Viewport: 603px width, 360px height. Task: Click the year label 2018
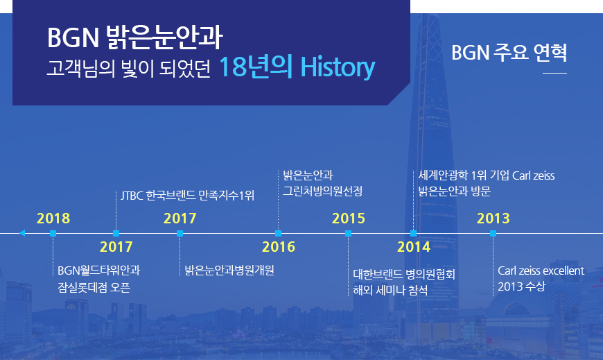pyautogui.click(x=53, y=218)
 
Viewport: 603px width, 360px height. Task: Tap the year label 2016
pyautogui.click(x=279, y=247)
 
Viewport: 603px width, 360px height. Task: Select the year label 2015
pyautogui.click(x=349, y=218)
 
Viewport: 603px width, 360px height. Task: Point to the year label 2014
pyautogui.click(x=414, y=247)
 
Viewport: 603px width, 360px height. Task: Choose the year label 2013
pyautogui.click(x=493, y=218)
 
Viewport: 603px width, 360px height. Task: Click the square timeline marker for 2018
pyautogui.click(x=53, y=233)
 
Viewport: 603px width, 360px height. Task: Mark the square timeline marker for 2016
pyautogui.click(x=279, y=233)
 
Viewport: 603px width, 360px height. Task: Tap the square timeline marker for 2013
pyautogui.click(x=493, y=233)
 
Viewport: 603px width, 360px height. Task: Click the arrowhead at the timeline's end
pyautogui.click(x=22, y=233)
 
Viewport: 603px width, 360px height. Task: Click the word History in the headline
pyautogui.click(x=338, y=67)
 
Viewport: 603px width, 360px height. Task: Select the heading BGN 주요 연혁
pyautogui.click(x=509, y=52)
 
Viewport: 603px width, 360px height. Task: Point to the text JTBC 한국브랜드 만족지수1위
pyautogui.click(x=187, y=196)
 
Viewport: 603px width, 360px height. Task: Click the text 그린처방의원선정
pyautogui.click(x=323, y=191)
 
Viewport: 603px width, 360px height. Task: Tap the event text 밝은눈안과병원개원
pyautogui.click(x=229, y=271)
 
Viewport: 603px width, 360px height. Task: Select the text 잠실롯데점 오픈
pyautogui.click(x=94, y=287)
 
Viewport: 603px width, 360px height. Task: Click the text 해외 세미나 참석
pyautogui.click(x=390, y=290)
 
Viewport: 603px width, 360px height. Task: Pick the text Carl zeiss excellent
pyautogui.click(x=541, y=271)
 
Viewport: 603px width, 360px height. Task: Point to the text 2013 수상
pyautogui.click(x=521, y=286)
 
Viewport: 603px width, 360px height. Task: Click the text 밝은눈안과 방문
pyautogui.click(x=455, y=191)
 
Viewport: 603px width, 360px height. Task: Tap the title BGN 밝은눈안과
pyautogui.click(x=135, y=37)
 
